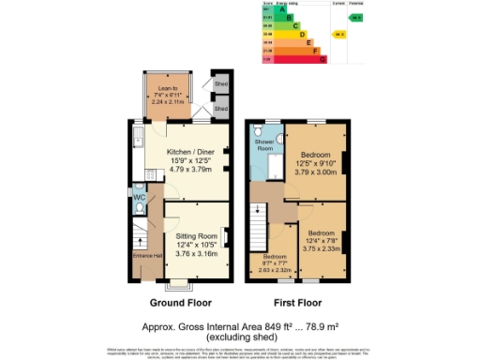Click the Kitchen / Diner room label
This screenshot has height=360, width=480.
pos(188,152)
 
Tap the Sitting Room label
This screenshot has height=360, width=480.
pos(197,236)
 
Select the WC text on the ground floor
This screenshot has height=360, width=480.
pos(138,198)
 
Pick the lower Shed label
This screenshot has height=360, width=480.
pos(222,109)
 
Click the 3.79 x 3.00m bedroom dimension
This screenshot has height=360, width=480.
pos(314,172)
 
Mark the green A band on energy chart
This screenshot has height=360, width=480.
pos(274,8)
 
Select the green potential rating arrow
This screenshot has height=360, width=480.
pos(356,18)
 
